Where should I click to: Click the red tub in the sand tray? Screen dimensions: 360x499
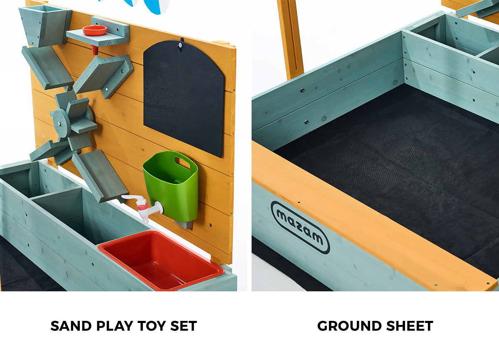click(160, 260)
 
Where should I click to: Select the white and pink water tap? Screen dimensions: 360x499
click(143, 206)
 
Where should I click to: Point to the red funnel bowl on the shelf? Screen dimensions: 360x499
click(94, 30)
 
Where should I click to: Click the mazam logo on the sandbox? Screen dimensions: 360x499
click(300, 227)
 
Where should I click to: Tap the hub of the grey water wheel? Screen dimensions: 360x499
click(62, 123)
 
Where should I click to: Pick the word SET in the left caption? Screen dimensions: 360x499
click(183, 326)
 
